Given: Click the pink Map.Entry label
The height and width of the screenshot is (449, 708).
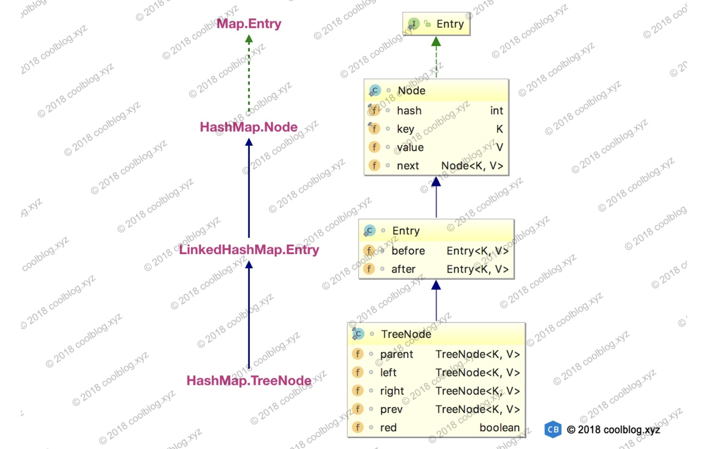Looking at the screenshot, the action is (x=249, y=24).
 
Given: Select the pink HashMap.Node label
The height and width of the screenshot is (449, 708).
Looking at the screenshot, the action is (x=249, y=127).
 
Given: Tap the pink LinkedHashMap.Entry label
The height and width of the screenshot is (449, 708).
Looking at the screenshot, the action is (x=249, y=250).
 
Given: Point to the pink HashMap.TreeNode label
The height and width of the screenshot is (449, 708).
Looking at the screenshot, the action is (x=249, y=381).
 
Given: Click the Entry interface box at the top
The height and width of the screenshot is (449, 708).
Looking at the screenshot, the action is (x=436, y=24).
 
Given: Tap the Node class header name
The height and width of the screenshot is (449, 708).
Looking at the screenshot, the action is (x=411, y=91).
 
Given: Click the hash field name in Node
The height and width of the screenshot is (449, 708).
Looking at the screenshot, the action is (x=409, y=111).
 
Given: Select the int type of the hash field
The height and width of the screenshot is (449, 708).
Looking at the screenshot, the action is (x=496, y=111).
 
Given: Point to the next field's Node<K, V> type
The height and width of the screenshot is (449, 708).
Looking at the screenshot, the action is (x=472, y=166).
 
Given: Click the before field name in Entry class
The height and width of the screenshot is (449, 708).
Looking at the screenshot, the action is (x=408, y=251).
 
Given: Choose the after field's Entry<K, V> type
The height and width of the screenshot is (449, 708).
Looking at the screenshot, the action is (x=477, y=269).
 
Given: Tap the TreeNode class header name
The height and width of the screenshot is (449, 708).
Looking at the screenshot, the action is (x=406, y=334).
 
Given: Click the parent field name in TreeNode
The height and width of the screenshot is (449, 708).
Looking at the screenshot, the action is (x=396, y=354).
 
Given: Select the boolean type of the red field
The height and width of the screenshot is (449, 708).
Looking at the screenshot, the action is (x=499, y=428).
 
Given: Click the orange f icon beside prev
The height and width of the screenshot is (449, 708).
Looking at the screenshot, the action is (x=358, y=409).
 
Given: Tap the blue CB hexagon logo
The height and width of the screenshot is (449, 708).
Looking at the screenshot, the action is (x=553, y=429).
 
